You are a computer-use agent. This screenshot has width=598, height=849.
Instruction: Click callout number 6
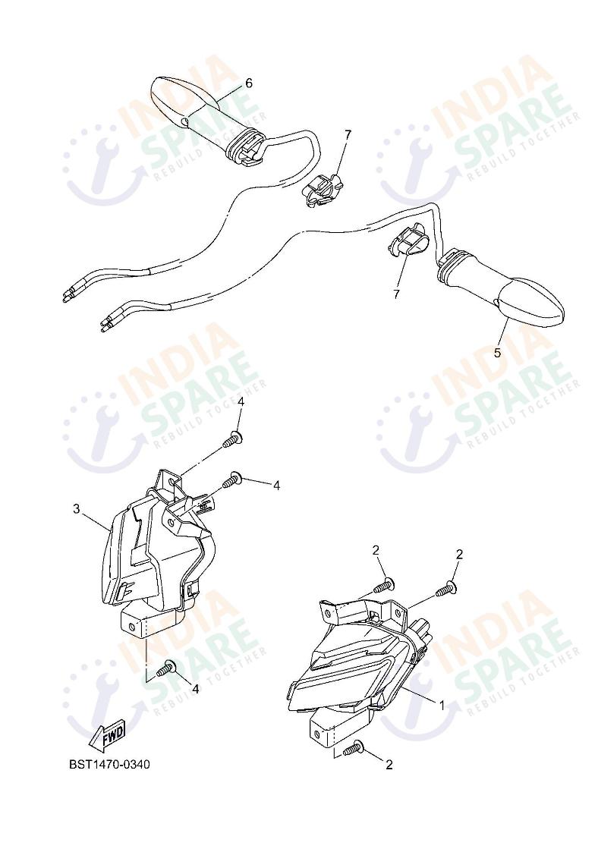(x=249, y=83)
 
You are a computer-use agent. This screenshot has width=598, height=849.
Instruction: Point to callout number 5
(x=497, y=353)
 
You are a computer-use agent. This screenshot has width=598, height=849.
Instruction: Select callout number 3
(x=77, y=509)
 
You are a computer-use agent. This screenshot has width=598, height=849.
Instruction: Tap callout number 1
(x=442, y=706)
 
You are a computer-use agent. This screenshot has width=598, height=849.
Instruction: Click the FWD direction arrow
(x=108, y=735)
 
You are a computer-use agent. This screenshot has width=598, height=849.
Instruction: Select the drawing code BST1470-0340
(x=109, y=765)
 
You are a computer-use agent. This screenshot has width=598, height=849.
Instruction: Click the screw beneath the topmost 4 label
(x=232, y=439)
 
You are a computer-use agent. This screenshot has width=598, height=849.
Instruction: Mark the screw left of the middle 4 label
(x=232, y=480)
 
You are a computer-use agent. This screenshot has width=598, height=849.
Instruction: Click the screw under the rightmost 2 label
(x=446, y=589)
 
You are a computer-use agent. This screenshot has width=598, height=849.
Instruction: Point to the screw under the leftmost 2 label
(x=383, y=586)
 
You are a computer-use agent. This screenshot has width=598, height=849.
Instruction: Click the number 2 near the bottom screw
(x=389, y=765)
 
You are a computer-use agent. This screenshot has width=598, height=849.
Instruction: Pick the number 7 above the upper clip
(x=348, y=134)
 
